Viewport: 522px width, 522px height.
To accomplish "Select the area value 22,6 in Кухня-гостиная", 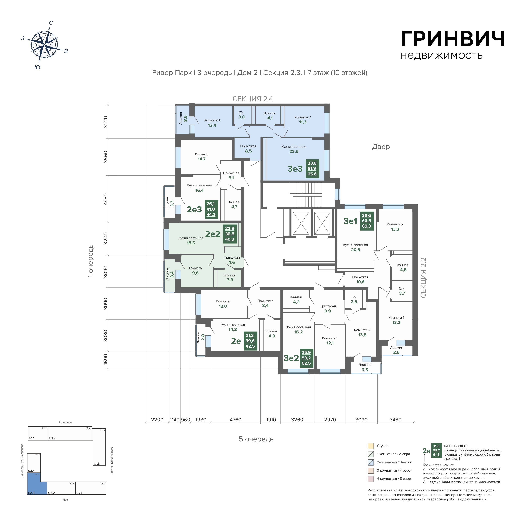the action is coord(294,151).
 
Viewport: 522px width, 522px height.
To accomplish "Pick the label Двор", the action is coord(381,147).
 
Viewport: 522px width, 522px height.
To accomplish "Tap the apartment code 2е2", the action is coord(213,234).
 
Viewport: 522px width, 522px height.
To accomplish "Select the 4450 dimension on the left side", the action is coord(106,199).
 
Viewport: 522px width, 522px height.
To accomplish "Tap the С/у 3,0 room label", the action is coord(241,115).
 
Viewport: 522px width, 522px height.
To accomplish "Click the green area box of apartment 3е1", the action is coord(367,221).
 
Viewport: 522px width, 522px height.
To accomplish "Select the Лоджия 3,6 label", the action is coord(183,118).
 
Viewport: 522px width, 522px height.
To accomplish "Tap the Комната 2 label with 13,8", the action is coord(362,332).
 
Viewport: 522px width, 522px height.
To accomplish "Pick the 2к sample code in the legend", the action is coord(426,451).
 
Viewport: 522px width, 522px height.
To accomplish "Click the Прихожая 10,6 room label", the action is coord(360,279).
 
